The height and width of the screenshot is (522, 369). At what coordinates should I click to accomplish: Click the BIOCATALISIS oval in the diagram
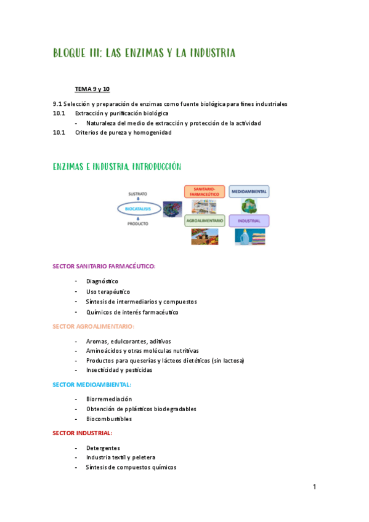[x=138, y=209]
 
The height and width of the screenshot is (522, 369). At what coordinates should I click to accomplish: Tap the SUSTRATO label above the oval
[x=137, y=195]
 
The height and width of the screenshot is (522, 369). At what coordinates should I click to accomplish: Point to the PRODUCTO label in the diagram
[x=137, y=224]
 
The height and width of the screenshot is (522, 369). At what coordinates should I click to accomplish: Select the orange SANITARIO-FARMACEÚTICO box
[x=204, y=191]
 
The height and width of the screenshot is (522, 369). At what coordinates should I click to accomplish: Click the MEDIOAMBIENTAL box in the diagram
[x=248, y=191]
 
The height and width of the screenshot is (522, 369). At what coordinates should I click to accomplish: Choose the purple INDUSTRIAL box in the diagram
[x=248, y=220]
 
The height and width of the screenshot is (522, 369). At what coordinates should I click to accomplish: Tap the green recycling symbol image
[x=248, y=206]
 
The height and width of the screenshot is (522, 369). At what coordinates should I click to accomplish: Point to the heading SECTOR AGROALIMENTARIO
[x=93, y=326]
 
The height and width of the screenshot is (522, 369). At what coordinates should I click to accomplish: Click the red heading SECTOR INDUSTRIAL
[x=82, y=433]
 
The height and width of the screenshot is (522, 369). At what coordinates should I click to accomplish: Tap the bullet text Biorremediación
[x=109, y=399]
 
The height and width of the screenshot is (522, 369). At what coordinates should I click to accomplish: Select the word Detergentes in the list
[x=103, y=448]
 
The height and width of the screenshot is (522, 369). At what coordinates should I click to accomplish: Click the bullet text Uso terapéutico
[x=108, y=291]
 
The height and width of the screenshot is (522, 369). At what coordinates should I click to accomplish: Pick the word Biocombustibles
[x=109, y=419]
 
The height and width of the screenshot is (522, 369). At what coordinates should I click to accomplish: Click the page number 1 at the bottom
[x=314, y=488]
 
